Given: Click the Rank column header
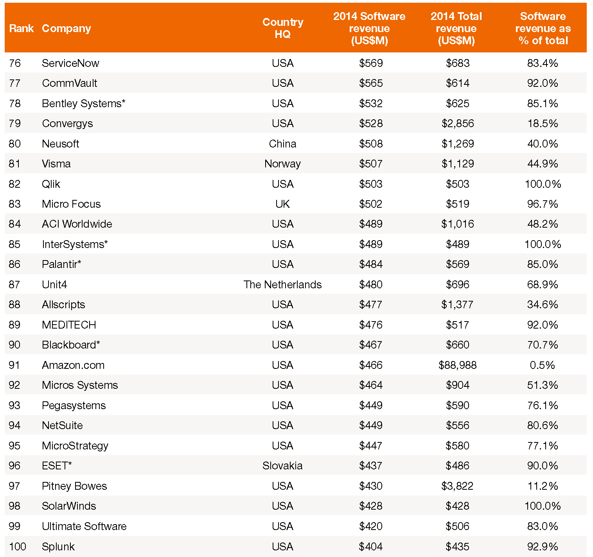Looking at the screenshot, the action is click(x=21, y=29).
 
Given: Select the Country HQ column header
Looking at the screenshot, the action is click(x=282, y=28).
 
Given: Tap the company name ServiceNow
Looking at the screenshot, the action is click(x=70, y=63).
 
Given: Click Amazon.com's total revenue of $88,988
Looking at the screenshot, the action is click(x=457, y=365).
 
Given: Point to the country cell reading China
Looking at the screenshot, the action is click(x=282, y=144).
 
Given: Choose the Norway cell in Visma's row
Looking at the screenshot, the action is click(x=282, y=164).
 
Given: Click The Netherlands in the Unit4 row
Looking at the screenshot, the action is click(x=282, y=285).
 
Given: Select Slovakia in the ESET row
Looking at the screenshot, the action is click(x=282, y=465).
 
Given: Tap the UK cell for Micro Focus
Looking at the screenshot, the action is click(x=282, y=204).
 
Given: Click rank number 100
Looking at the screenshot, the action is click(x=18, y=546).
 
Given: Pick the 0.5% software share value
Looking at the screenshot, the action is click(x=542, y=365).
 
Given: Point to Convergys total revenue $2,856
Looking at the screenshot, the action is click(x=457, y=124).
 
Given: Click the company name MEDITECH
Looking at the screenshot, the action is click(x=69, y=325).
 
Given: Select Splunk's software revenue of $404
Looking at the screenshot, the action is click(x=370, y=546).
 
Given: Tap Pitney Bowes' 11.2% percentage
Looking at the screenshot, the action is click(x=543, y=486).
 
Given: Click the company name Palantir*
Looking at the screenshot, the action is click(x=61, y=264).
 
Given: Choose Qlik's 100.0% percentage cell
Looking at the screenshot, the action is click(x=543, y=184).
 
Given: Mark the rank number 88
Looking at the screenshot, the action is click(x=14, y=305).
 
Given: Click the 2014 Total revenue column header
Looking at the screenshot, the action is click(x=456, y=29).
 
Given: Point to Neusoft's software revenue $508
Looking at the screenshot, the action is click(x=370, y=144).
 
